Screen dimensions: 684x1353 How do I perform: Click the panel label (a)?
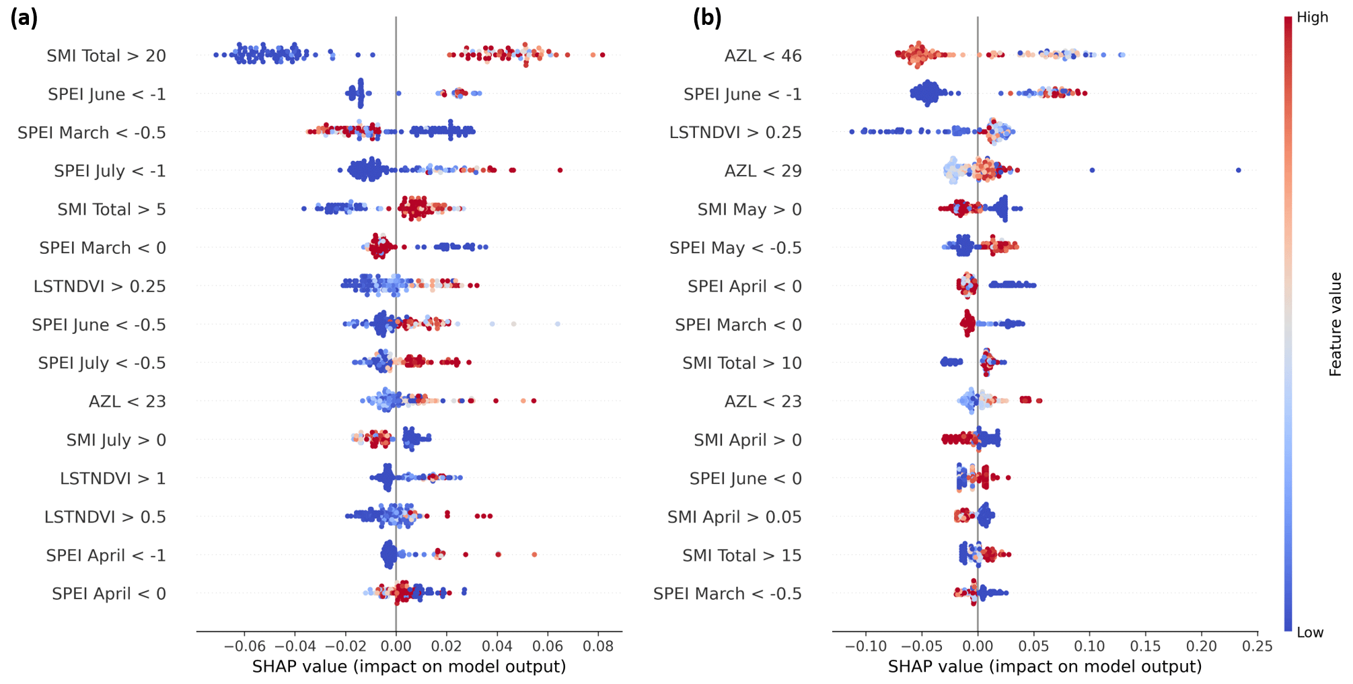point(24,18)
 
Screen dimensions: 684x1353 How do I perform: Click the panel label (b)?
point(707,18)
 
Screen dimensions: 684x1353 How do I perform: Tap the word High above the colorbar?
point(1312,18)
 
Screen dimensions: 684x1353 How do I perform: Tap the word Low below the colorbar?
point(1309,633)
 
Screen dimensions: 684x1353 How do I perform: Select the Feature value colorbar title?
point(1336,324)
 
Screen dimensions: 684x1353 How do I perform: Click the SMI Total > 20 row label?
point(106,56)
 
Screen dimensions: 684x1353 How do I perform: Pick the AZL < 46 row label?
point(763,56)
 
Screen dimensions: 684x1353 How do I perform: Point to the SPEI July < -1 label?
point(110,171)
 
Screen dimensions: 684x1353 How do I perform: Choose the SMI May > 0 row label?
point(749,209)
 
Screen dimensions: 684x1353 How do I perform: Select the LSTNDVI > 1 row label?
point(113,479)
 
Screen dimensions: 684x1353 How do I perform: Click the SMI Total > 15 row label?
point(742,555)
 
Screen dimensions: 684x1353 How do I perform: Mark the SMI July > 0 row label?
point(116,440)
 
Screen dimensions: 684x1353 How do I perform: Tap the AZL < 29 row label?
point(763,171)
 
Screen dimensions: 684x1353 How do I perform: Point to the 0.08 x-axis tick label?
point(598,647)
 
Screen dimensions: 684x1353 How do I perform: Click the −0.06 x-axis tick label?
point(244,647)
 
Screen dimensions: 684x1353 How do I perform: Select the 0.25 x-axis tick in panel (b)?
point(1257,647)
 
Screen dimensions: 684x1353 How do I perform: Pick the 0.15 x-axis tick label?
point(1145,647)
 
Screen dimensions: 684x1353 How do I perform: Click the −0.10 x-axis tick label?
point(866,647)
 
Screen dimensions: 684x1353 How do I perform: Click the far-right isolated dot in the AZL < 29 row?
point(1239,170)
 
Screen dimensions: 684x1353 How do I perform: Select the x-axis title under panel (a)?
point(409,666)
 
